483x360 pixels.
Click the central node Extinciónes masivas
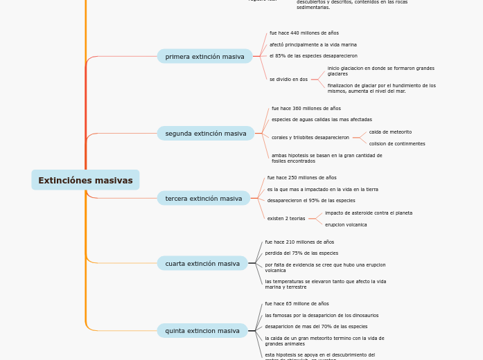[85, 180]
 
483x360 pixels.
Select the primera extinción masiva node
[204, 56]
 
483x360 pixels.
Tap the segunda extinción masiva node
[205, 133]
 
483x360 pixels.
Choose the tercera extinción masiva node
[203, 198]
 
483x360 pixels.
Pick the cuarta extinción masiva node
[202, 263]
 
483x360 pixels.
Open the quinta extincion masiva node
[202, 330]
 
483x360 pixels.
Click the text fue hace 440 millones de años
[304, 33]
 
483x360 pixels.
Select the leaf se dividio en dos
[288, 79]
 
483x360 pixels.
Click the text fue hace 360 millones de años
[306, 108]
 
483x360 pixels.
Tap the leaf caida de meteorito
[390, 132]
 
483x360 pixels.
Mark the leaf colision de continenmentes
[396, 143]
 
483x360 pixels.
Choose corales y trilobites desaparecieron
[310, 137]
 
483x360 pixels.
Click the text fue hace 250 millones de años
[301, 177]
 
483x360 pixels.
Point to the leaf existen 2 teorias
[286, 218]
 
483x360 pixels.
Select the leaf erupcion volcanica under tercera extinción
[346, 224]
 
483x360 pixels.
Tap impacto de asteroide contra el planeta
[368, 213]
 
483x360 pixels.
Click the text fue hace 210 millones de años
[299, 242]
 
